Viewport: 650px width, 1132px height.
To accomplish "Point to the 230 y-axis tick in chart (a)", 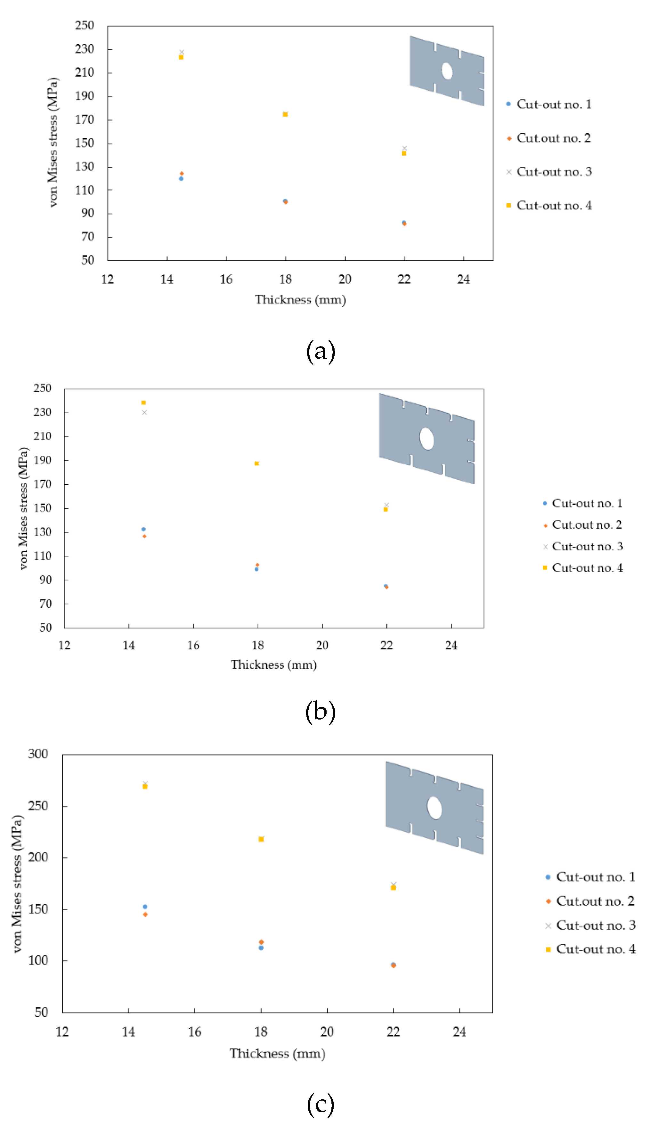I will point(85,49).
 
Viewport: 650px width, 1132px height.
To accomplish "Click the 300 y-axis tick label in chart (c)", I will point(38,754).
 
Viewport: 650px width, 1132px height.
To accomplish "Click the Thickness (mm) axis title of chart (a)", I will point(300,299).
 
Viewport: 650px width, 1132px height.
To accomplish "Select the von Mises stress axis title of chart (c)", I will point(17,884).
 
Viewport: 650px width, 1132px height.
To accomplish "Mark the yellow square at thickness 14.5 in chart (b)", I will point(143,403).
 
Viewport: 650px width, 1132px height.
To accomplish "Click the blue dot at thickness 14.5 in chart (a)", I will point(181,179).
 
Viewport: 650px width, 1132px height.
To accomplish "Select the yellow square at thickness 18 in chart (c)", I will point(261,839).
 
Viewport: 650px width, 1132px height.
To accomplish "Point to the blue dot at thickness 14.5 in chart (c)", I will point(145,907).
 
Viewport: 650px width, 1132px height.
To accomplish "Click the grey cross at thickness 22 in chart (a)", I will point(404,148).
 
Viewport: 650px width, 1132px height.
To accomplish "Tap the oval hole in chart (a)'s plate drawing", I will point(447,71).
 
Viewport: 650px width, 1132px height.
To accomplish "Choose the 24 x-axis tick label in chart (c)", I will point(459,1031).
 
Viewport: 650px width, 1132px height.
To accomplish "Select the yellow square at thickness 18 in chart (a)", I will point(285,114).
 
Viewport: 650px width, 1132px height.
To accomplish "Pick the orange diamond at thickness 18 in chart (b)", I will point(257,565).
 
